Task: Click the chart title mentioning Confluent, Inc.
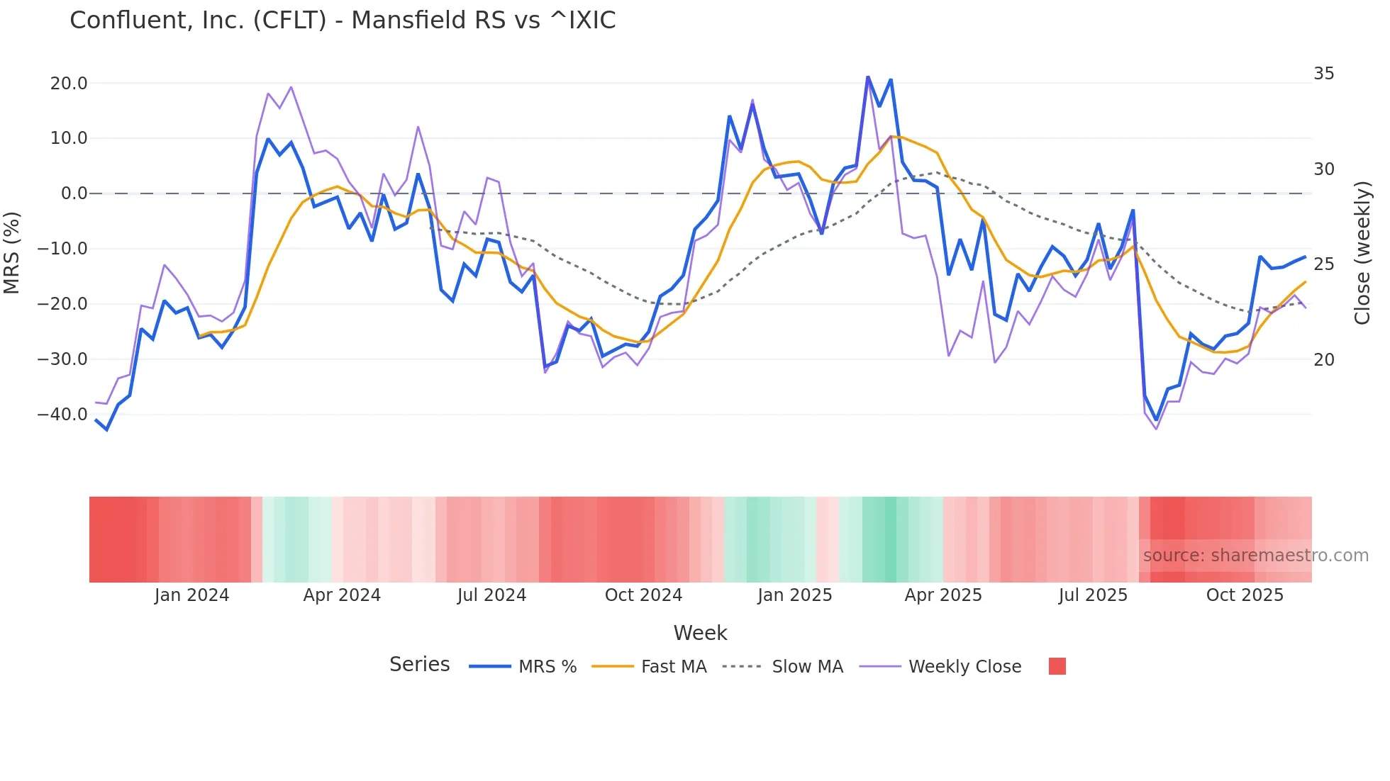343,21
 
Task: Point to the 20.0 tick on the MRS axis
69,84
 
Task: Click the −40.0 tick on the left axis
63,415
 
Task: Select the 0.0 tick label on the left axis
74,193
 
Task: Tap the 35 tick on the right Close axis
1323,74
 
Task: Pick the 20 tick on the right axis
1323,360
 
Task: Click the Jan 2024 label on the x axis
191,595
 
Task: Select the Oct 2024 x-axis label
643,595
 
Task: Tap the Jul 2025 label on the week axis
1093,595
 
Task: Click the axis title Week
700,633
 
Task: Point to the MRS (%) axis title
12,252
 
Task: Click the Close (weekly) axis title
1362,253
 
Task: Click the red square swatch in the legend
1057,666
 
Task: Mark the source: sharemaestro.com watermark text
1255,556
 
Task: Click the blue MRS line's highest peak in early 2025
867,77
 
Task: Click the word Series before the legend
419,665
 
